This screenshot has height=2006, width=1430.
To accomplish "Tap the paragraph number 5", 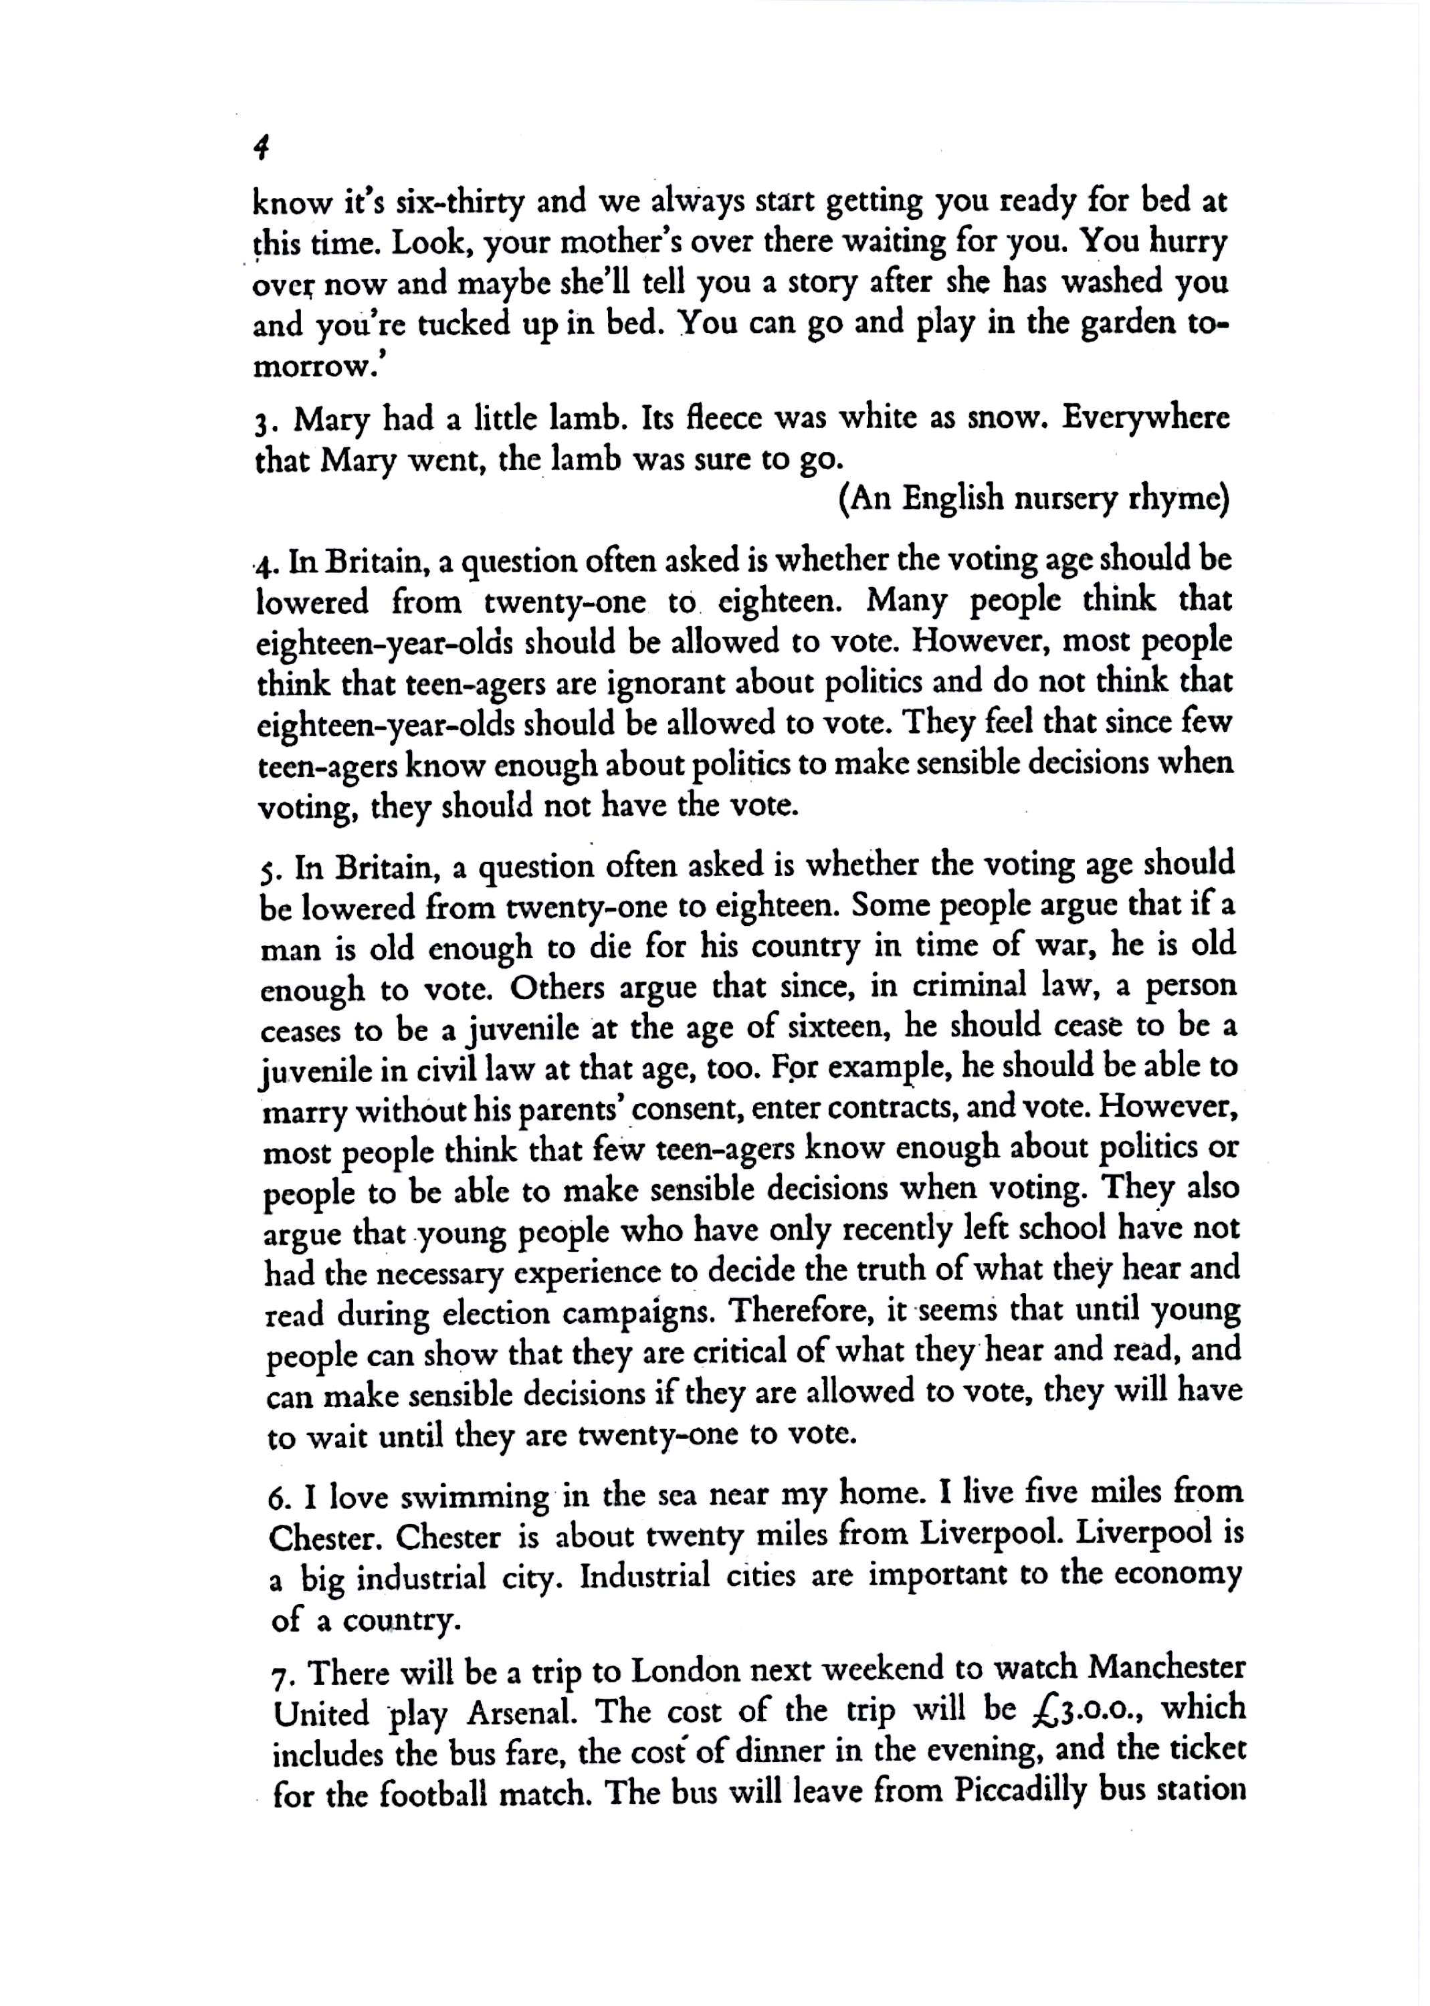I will (267, 871).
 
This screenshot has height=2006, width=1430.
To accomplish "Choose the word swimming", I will (476, 1497).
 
